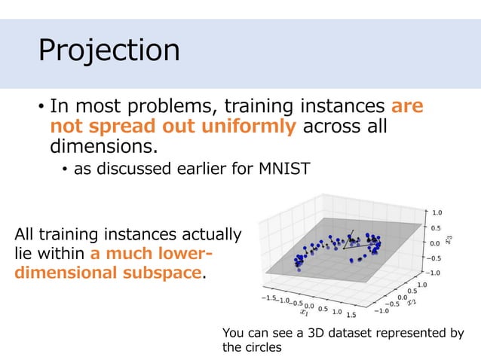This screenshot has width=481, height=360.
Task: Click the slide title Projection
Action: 109,50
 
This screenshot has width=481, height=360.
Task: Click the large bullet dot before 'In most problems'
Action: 42,107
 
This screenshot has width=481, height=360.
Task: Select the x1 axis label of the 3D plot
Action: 305,310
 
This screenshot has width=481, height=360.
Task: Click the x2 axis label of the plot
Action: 412,302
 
